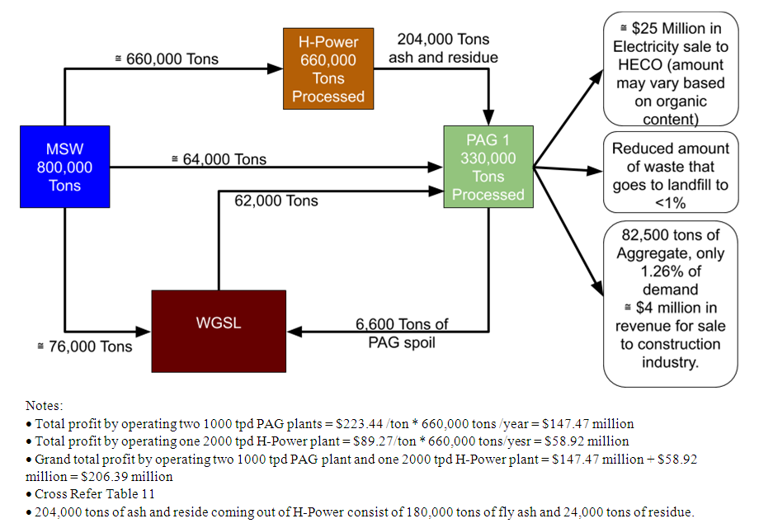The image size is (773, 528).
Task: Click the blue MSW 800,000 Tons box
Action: pos(64,167)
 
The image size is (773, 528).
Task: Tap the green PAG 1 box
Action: pos(488,167)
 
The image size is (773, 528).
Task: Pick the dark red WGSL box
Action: pos(219,323)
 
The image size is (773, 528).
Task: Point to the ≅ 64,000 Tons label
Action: pos(219,159)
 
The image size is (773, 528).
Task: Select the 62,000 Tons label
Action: pos(276,200)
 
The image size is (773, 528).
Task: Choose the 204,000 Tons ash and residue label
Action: pos(443,48)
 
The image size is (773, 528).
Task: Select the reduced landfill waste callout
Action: pos(670,175)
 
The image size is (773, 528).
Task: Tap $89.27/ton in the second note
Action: pos(350,441)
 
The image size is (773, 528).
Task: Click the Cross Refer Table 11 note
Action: pos(95,494)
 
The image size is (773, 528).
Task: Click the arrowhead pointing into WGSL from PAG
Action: pos(295,332)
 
